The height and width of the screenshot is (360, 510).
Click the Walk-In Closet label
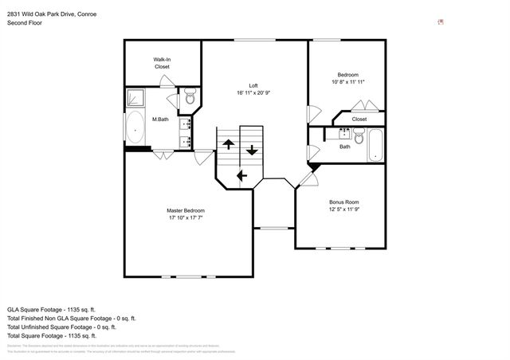click(163, 63)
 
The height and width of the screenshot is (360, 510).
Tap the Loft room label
click(253, 85)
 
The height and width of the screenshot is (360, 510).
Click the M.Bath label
click(161, 119)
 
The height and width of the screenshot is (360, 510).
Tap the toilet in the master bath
click(190, 99)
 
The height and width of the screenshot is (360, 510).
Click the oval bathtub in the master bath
click(135, 127)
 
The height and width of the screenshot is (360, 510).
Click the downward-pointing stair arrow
click(253, 149)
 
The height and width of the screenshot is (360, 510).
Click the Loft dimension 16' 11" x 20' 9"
click(253, 93)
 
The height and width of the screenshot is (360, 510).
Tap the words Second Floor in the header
click(25, 22)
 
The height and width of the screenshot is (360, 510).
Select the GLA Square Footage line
click(51, 308)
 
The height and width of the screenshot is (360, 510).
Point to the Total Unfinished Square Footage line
click(61, 327)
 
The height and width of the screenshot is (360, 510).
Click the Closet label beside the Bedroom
click(359, 119)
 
